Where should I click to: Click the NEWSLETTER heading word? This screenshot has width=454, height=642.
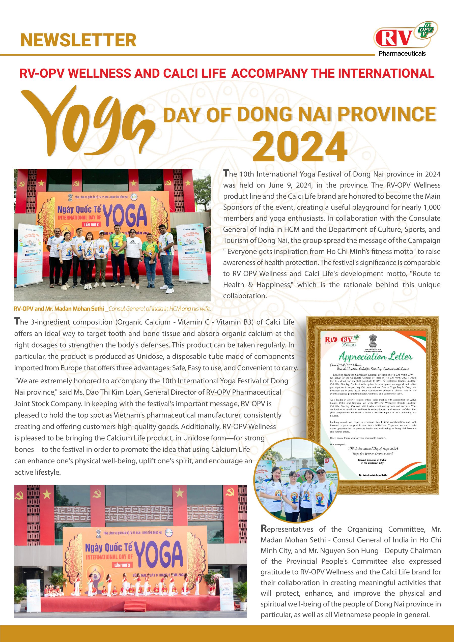tap(78, 40)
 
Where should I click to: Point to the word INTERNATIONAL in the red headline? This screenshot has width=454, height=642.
tap(386, 73)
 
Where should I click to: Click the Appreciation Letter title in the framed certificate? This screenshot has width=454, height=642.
tap(375, 357)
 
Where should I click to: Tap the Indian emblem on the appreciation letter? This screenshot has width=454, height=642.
tap(373, 341)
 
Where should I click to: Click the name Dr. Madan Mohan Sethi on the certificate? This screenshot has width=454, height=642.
tap(373, 475)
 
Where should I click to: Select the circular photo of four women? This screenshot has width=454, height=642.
tap(293, 480)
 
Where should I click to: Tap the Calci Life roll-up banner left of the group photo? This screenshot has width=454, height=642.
tap(30, 252)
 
